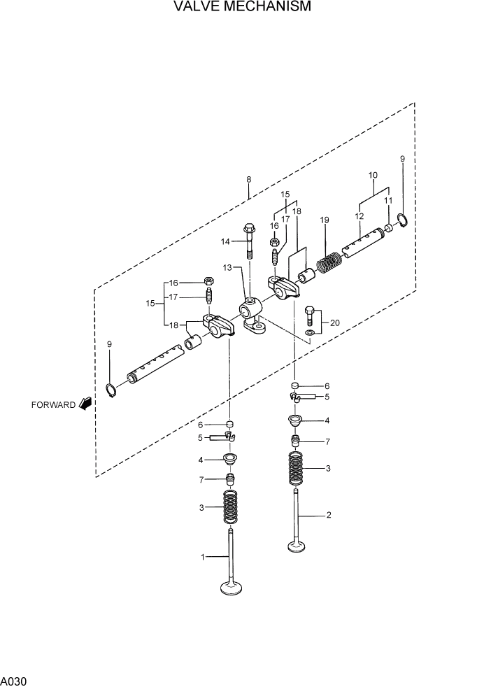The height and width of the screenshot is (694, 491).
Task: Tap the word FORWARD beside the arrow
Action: tap(52, 405)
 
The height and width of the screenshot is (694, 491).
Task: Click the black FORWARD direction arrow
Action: tap(86, 404)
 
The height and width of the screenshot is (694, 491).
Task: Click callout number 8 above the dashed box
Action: tap(248, 180)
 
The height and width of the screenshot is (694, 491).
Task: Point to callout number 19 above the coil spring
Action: tap(325, 220)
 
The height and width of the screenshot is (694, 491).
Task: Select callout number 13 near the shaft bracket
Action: tap(227, 267)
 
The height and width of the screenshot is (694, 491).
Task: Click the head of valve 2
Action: tap(297, 545)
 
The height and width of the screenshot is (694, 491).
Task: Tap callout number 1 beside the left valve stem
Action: tap(203, 557)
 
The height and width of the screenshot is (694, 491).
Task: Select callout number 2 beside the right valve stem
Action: tap(328, 516)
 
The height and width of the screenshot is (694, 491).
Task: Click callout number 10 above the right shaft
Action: tap(373, 174)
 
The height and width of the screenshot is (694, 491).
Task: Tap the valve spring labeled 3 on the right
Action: tap(297, 468)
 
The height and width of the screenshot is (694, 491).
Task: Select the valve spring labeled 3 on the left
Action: tap(230, 507)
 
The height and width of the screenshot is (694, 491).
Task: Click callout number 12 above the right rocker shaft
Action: tap(359, 217)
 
